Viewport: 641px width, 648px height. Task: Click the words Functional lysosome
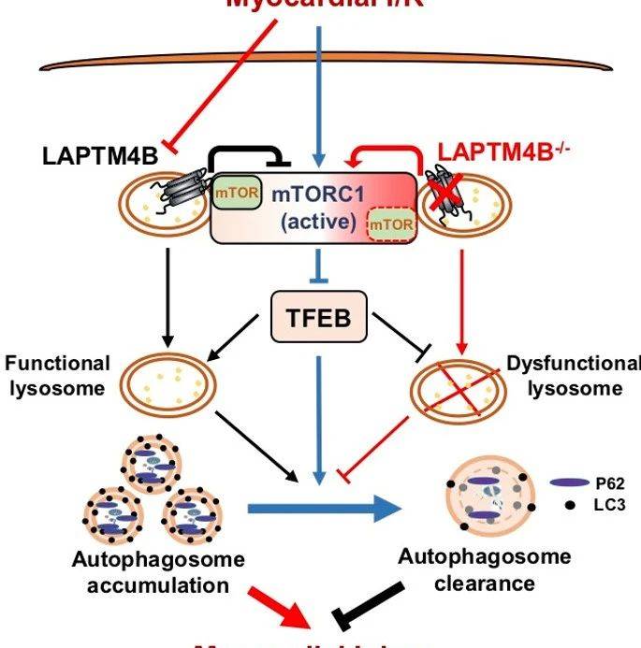(59, 375)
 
